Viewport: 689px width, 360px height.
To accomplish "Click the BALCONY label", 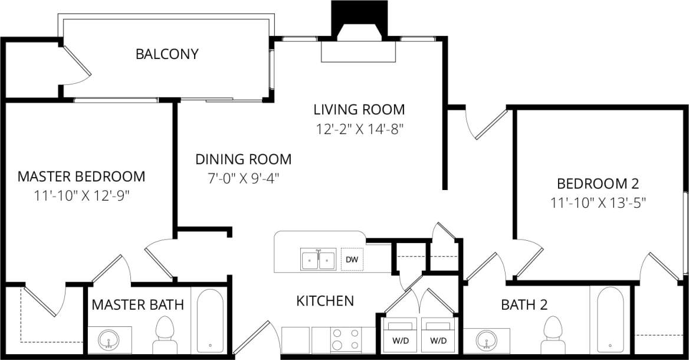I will tap(167, 54).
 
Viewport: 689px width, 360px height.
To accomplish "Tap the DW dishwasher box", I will tap(352, 260).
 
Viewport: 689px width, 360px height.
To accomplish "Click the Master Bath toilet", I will tap(165, 334).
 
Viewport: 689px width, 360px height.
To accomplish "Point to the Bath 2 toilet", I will tap(553, 334).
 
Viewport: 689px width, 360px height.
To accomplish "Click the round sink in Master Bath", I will tap(109, 341).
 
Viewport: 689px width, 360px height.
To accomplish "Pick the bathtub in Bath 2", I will tap(610, 319).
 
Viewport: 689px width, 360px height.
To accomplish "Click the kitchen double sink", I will tap(319, 260).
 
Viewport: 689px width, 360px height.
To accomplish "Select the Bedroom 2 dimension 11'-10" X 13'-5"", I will tap(598, 202).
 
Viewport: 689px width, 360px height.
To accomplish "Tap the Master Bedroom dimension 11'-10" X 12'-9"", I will tap(81, 195).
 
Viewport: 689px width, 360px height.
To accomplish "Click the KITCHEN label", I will tap(324, 301).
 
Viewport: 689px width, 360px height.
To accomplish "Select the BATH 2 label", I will tap(524, 305).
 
